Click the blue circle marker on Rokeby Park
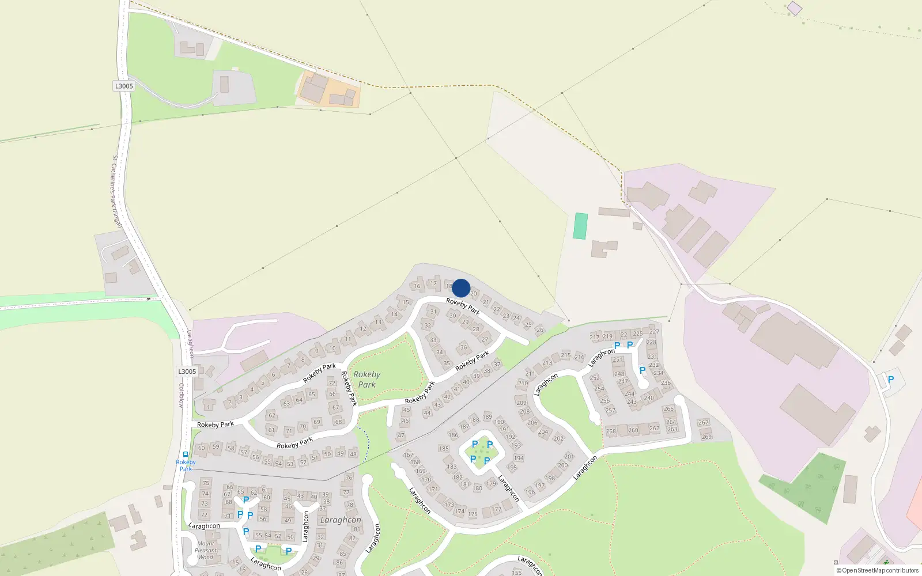(461, 288)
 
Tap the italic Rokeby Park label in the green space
(366, 380)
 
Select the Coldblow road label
(181, 395)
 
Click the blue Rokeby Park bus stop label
(186, 465)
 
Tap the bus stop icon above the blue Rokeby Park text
(186, 454)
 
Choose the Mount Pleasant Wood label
(206, 550)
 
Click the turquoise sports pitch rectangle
(580, 226)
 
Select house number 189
(488, 416)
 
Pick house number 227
(654, 331)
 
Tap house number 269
(706, 437)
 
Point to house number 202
(558, 438)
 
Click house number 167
(409, 454)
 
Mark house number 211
(530, 373)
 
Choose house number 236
(666, 382)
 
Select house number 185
(444, 448)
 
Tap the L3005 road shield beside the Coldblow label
(187, 372)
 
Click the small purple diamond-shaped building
(795, 8)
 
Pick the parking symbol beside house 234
(643, 370)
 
